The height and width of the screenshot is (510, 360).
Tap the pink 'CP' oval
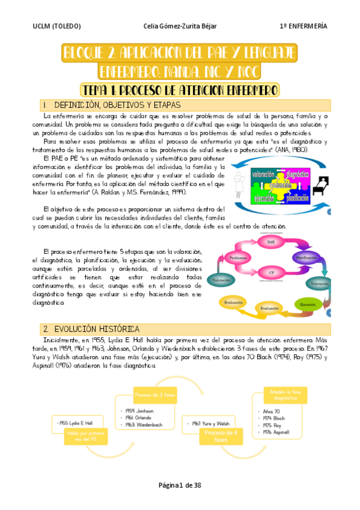272,272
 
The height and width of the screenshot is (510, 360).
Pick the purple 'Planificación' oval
310,257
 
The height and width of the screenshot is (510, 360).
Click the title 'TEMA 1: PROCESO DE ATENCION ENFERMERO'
180,90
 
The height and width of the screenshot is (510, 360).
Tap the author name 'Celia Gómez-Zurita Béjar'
180,26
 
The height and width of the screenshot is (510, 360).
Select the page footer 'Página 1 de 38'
180,485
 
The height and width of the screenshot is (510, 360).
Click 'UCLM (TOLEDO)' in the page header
57,26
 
